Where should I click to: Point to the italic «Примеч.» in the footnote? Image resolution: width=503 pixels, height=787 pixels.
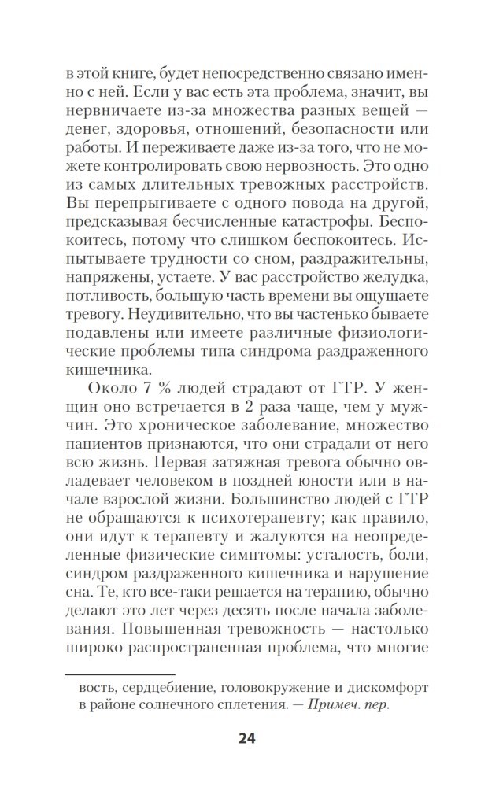335,706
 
